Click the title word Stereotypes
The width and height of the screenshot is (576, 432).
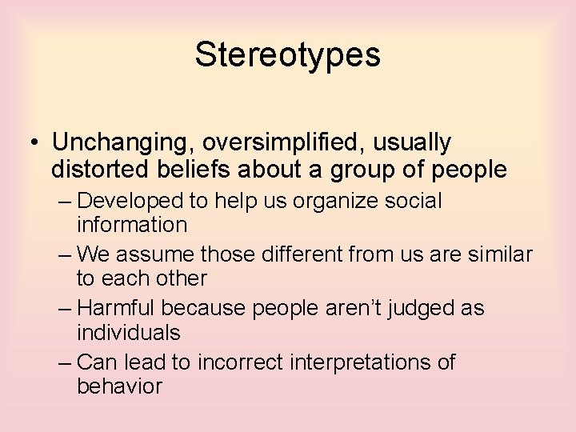coord(287,55)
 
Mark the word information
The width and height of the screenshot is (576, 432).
coord(132,225)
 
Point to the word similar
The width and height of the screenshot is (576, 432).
coord(502,254)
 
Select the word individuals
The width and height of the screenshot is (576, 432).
coord(129,332)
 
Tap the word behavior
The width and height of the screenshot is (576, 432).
coord(119,386)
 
